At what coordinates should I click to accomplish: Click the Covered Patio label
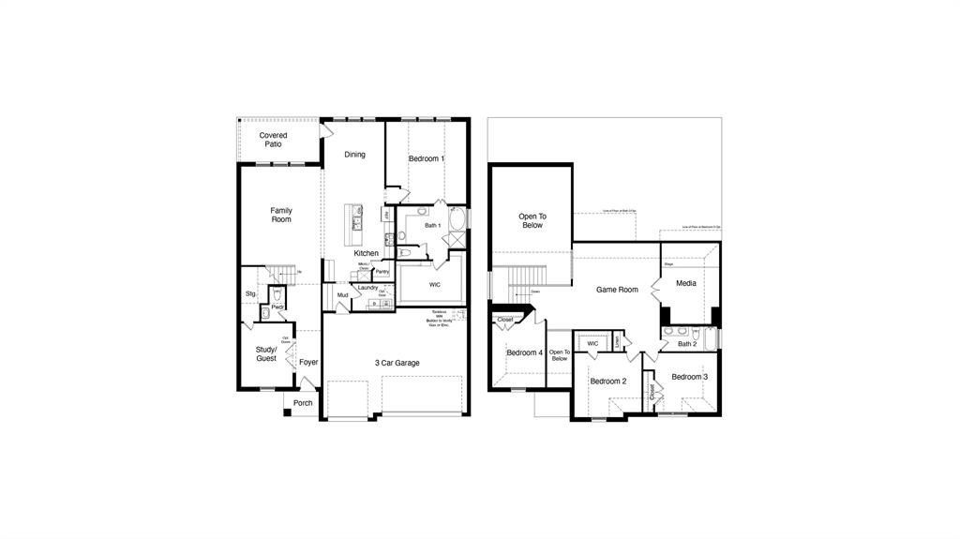(274, 140)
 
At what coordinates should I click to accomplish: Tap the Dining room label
(354, 155)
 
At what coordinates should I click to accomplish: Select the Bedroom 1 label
(427, 159)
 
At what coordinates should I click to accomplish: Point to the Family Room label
(281, 215)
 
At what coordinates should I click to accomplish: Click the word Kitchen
(367, 253)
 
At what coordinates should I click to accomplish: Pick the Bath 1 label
(432, 226)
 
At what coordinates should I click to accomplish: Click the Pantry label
(382, 272)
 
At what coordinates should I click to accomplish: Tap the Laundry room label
(367, 288)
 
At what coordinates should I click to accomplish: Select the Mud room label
(343, 296)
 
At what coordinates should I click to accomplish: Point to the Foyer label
(308, 362)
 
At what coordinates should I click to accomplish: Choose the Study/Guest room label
(267, 354)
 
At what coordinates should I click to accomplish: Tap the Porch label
(303, 403)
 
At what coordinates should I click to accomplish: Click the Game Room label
(617, 290)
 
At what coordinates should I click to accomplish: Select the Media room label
(686, 283)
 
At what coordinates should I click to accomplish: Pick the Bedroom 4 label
(524, 352)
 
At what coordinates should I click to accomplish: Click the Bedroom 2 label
(607, 382)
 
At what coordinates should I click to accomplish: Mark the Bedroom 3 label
(689, 377)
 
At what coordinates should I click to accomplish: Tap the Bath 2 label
(688, 344)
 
